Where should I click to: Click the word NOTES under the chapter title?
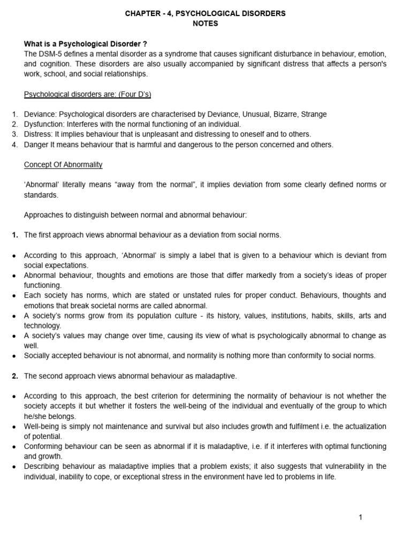point(205,23)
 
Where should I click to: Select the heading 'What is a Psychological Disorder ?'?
point(86,44)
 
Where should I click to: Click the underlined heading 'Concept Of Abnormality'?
point(63,164)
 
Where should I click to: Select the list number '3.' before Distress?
point(15,134)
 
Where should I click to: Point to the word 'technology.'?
point(43,325)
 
